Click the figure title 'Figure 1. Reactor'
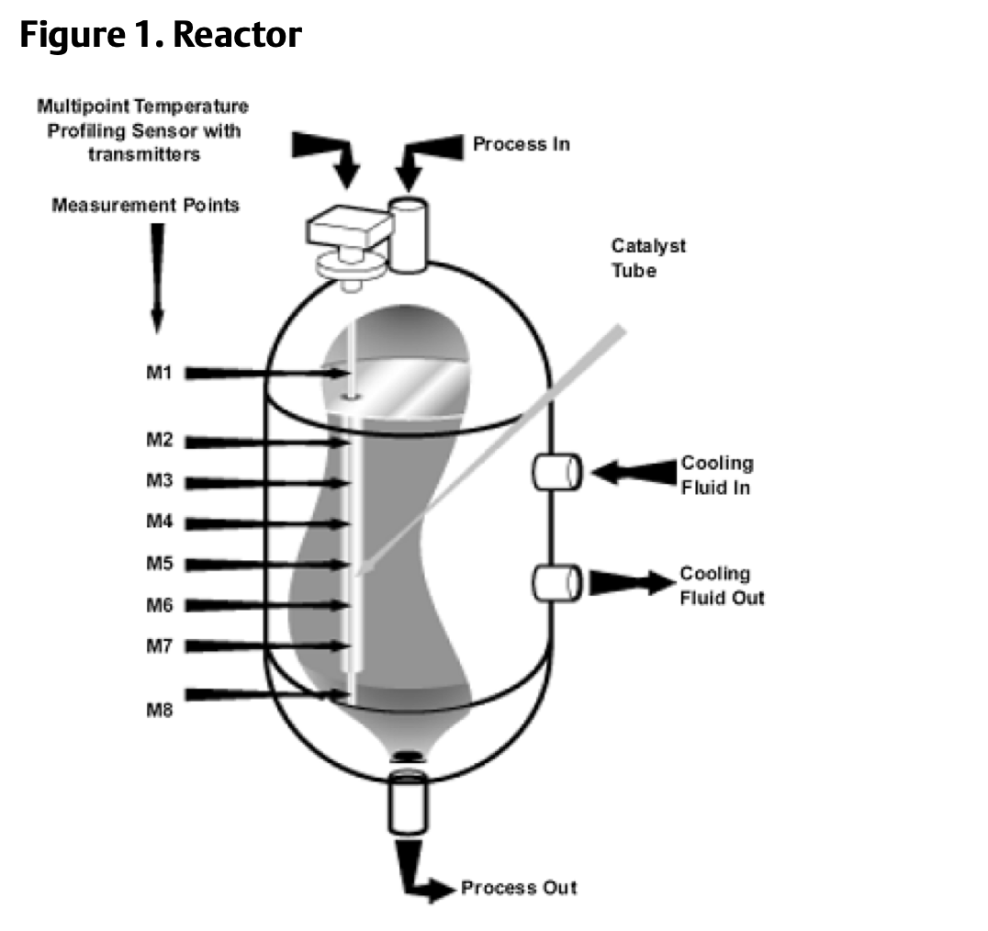tap(161, 36)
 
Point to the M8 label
tap(161, 709)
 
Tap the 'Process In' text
tap(521, 144)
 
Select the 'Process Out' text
tap(519, 888)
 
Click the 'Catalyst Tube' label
tap(648, 258)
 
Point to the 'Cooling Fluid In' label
tap(716, 475)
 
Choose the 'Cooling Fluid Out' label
tap(722, 586)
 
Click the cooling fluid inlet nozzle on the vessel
tap(556, 472)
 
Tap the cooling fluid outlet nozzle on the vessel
tap(556, 583)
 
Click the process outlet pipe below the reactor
tap(409, 801)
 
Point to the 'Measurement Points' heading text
tap(145, 205)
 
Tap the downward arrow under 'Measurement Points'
tap(157, 275)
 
